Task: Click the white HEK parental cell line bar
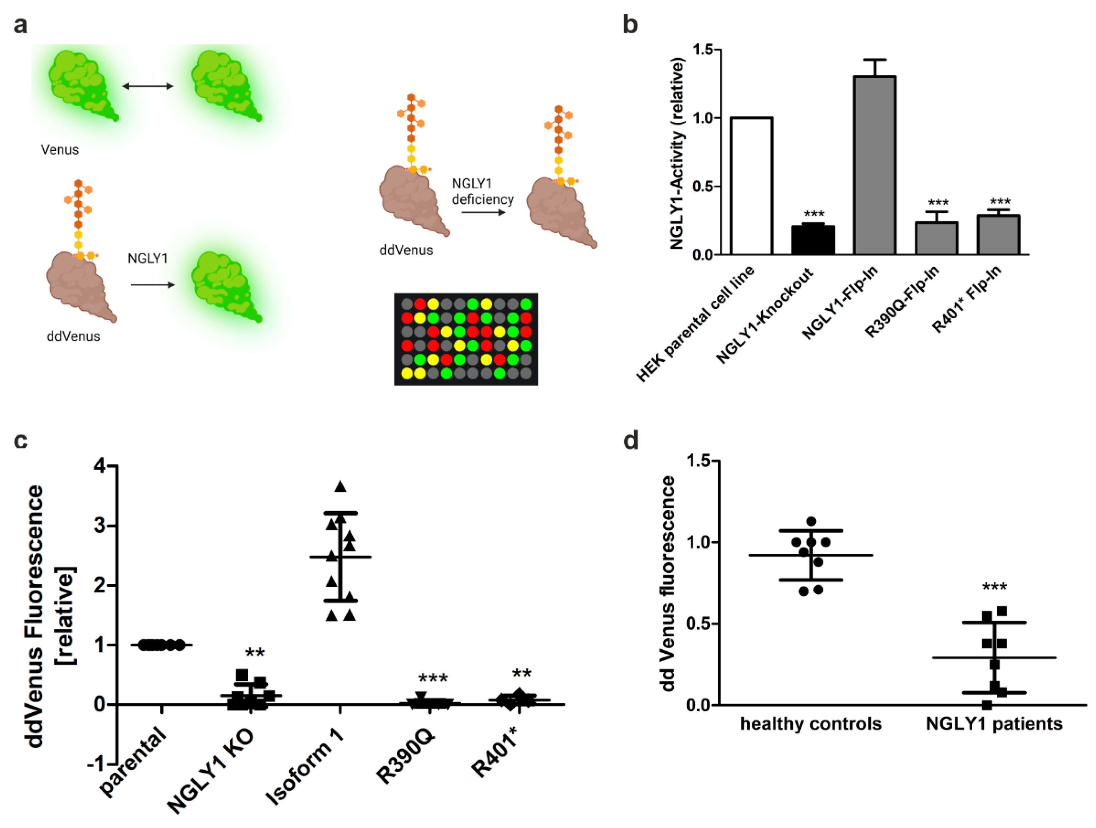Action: click(x=751, y=186)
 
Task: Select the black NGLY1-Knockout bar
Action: click(x=813, y=240)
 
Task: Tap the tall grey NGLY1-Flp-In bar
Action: click(x=874, y=166)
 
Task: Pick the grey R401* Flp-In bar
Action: click(x=998, y=235)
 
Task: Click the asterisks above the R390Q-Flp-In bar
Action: click(x=938, y=203)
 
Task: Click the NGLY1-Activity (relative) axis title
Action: click(x=677, y=154)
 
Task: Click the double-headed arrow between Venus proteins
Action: click(x=148, y=86)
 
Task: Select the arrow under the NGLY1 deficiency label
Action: click(x=483, y=213)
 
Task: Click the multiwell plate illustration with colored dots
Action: click(x=466, y=339)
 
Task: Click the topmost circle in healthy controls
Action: click(x=811, y=521)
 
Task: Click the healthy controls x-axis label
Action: click(x=811, y=724)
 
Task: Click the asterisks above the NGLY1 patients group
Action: click(x=994, y=587)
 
